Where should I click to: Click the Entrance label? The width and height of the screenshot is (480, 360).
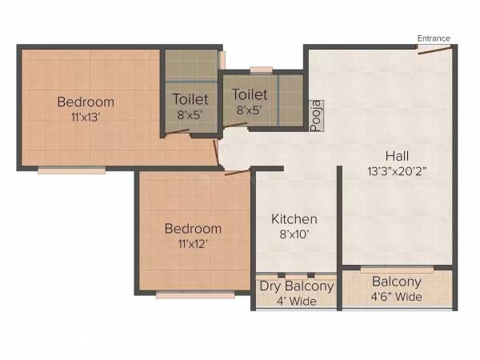pyautogui.click(x=434, y=38)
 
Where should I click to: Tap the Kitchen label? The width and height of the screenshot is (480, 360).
pyautogui.click(x=294, y=219)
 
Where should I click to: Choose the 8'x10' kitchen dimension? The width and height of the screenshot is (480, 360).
pyautogui.click(x=294, y=234)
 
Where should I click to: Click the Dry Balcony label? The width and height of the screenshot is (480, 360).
pyautogui.click(x=297, y=286)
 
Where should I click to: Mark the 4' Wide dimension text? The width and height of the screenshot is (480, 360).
pyautogui.click(x=297, y=301)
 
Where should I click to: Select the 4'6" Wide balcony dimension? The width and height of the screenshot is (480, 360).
pyautogui.click(x=396, y=297)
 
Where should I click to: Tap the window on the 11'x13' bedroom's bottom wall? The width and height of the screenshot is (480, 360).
pyautogui.click(x=71, y=170)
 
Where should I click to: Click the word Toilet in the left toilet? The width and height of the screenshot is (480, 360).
pyautogui.click(x=190, y=100)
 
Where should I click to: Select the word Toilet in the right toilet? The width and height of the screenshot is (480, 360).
pyautogui.click(x=250, y=95)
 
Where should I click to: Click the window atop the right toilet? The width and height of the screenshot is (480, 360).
pyautogui.click(x=261, y=70)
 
